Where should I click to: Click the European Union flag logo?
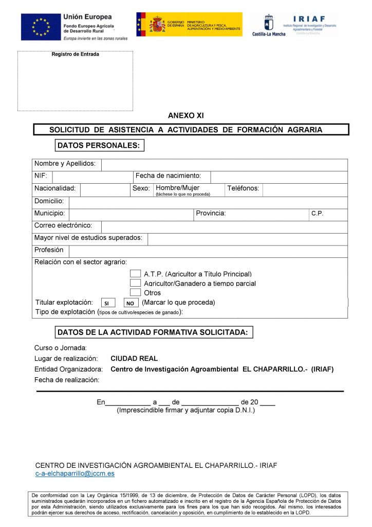(x=40, y=27)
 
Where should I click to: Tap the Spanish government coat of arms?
(x=157, y=24)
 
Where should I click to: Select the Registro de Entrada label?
(x=76, y=55)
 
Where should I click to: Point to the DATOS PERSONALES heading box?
(x=99, y=146)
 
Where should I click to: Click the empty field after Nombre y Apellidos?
(x=224, y=165)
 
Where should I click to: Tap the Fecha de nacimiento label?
(x=168, y=176)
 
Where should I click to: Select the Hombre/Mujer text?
(x=178, y=188)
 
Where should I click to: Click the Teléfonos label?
(x=243, y=188)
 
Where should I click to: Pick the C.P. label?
(x=318, y=213)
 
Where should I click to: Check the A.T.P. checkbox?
(x=135, y=274)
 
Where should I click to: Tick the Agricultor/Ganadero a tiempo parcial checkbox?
(x=135, y=283)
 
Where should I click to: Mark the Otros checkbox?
(x=135, y=292)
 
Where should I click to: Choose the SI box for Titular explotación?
(x=106, y=303)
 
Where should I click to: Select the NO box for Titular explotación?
(x=131, y=303)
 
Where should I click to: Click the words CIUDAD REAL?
(x=134, y=359)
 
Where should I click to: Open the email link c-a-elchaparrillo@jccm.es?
(x=75, y=473)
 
